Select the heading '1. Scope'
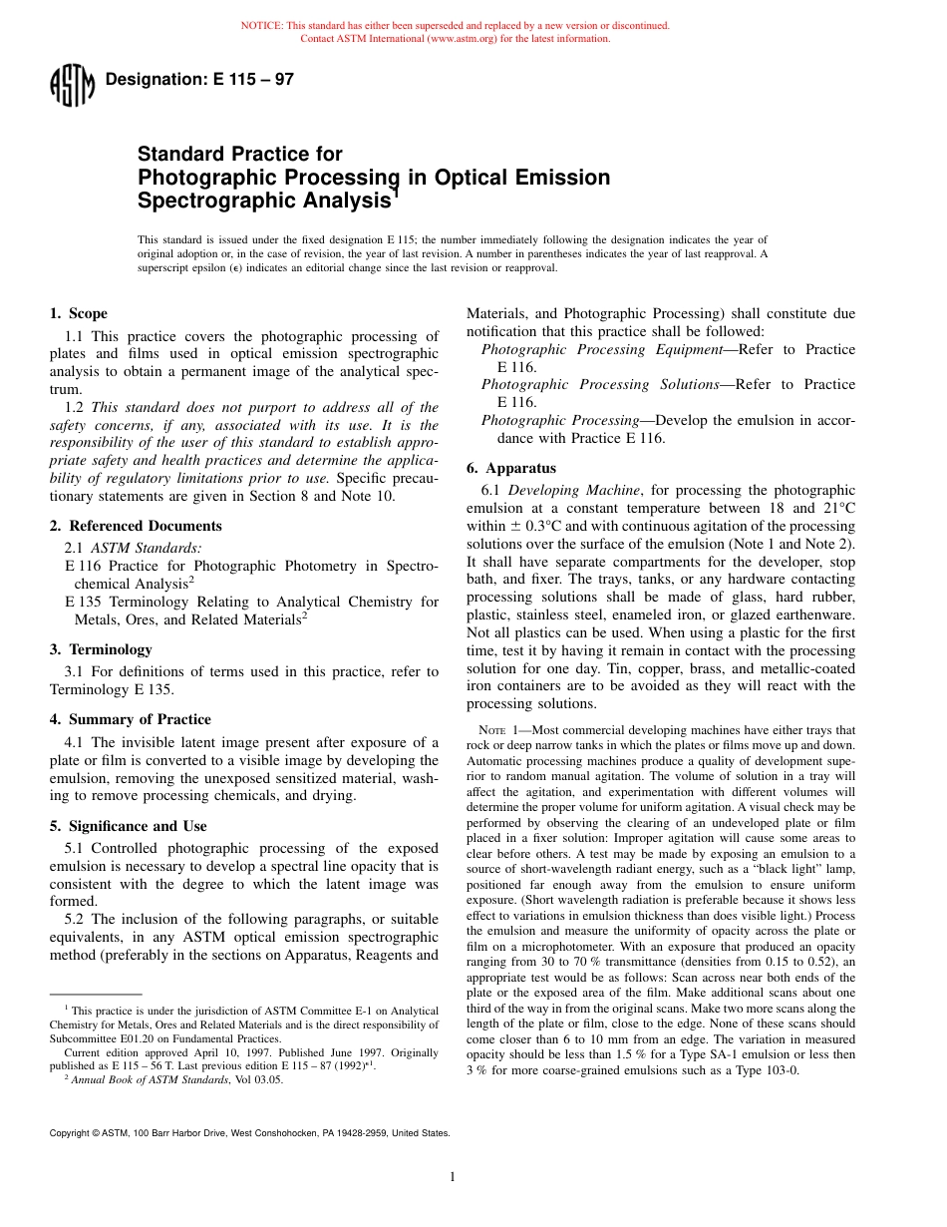[79, 313]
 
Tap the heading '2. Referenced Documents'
[136, 526]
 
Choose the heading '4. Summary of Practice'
[130, 719]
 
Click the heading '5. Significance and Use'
[129, 826]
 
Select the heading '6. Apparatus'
[511, 468]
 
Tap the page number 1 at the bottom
[453, 1177]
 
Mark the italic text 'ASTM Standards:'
[146, 548]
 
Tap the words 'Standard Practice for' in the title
[239, 155]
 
